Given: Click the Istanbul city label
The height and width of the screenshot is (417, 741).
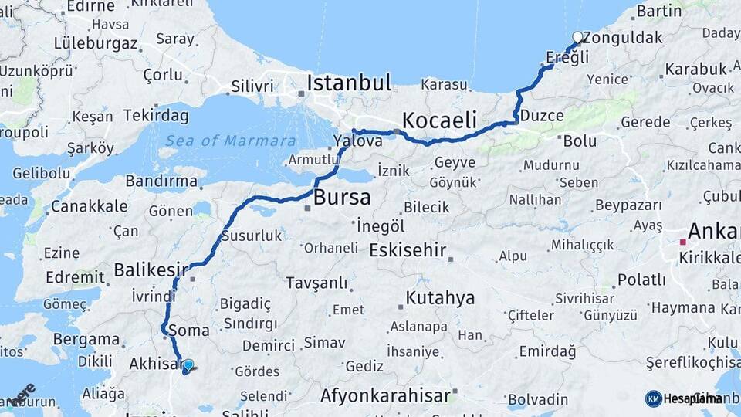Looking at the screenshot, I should click(349, 83).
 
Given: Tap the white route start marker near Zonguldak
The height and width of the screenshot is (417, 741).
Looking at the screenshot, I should click(577, 37).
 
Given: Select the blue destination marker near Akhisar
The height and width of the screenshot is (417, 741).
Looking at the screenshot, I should click(188, 365).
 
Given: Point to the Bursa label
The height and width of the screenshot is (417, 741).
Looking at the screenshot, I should click(341, 197).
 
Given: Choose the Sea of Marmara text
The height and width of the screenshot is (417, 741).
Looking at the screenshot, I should click(230, 141).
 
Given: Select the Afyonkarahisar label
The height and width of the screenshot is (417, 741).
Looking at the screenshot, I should click(385, 395).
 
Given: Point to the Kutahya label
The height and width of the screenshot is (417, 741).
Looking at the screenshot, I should click(440, 298).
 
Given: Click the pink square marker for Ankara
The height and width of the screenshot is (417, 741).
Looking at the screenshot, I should click(682, 242).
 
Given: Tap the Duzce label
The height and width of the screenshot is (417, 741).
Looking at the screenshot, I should click(542, 116).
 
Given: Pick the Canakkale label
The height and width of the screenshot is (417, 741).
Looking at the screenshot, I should click(89, 206).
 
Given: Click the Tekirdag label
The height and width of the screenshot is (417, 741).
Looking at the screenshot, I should click(156, 115).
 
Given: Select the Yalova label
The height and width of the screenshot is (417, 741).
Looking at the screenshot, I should click(357, 141).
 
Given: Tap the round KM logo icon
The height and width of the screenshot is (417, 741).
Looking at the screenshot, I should click(653, 398).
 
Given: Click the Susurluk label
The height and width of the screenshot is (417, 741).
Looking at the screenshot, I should click(252, 236).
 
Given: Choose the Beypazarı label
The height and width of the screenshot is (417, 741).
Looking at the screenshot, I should click(628, 205).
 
